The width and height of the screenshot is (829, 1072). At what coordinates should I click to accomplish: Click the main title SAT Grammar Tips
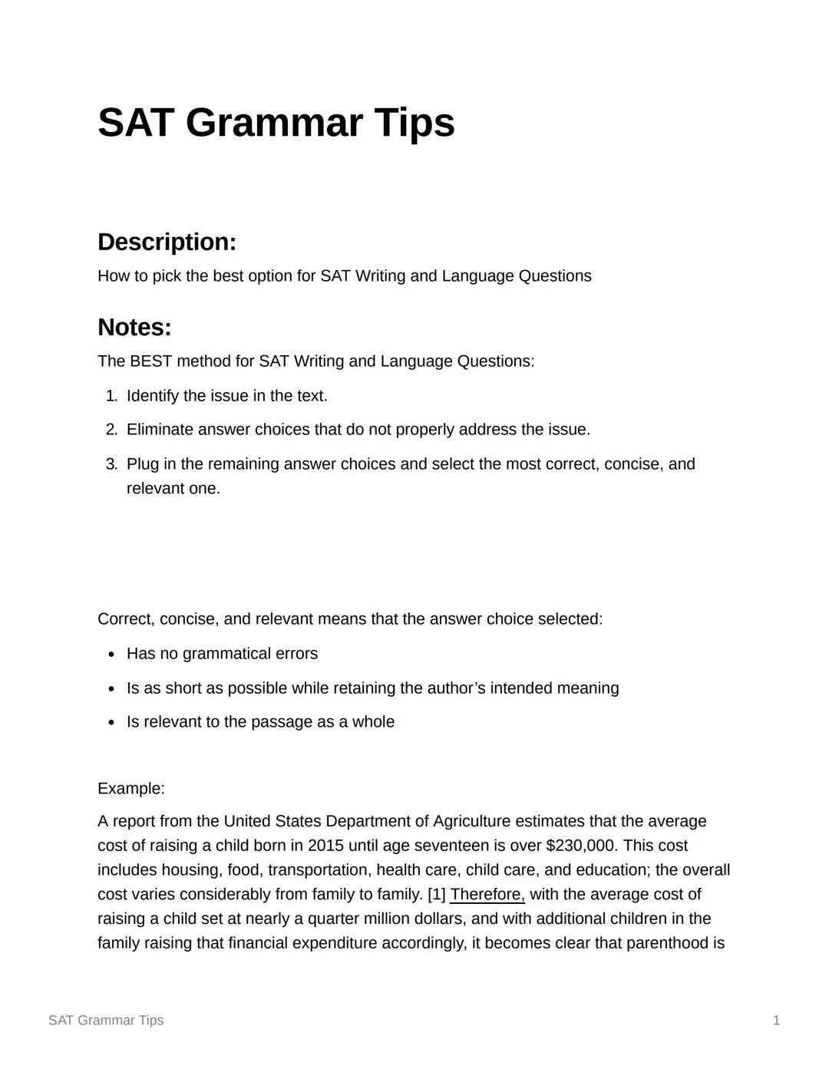click(x=276, y=123)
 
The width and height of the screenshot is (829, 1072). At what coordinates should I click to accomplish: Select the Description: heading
click(x=167, y=242)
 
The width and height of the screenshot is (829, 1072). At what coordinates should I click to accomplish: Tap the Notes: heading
click(x=134, y=328)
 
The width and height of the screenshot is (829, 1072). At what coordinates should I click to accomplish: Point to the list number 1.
click(x=111, y=396)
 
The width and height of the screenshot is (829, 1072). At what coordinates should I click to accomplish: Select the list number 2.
click(x=111, y=430)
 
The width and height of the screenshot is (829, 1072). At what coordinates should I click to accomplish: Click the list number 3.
click(x=111, y=464)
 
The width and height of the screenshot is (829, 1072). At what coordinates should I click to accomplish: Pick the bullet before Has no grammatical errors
click(x=112, y=655)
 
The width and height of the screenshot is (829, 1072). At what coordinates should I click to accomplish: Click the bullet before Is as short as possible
click(x=112, y=689)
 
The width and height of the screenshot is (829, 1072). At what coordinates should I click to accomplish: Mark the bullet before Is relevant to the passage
click(x=112, y=723)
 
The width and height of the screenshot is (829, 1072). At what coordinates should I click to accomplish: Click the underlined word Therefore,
click(x=487, y=895)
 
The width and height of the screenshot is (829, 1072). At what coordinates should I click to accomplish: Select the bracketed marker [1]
click(x=436, y=895)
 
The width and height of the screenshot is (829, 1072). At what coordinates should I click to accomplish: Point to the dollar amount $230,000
click(x=580, y=846)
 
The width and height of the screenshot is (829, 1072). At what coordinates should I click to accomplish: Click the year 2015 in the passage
click(x=325, y=846)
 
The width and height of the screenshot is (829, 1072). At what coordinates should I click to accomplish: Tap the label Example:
click(x=131, y=789)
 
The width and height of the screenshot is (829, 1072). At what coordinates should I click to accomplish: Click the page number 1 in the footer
click(x=776, y=1021)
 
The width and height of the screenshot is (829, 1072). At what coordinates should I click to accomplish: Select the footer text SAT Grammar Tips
click(x=106, y=1021)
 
